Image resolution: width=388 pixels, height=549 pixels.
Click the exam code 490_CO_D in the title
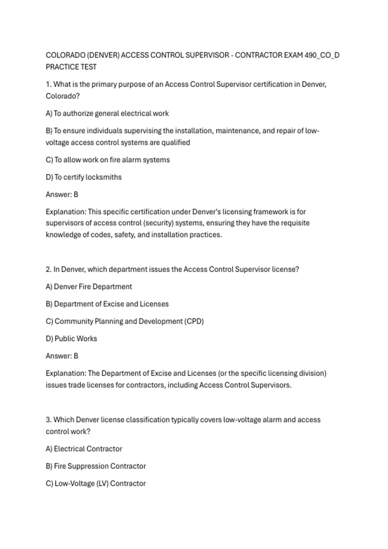[322, 55]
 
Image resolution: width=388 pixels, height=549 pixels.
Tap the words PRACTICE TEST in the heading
[71, 67]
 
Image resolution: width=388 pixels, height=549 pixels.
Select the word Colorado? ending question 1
[62, 96]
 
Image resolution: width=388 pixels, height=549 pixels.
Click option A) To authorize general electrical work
[107, 113]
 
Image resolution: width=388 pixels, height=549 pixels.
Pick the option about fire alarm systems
[108, 160]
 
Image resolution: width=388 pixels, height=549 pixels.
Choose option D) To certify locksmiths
[84, 177]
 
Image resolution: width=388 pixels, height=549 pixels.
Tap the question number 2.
[48, 269]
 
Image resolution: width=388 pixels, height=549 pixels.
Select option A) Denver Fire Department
[89, 286]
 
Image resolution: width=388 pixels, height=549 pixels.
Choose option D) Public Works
[71, 338]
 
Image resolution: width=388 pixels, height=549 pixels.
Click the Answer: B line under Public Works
[62, 356]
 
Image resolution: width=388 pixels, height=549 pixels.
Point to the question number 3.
[48, 420]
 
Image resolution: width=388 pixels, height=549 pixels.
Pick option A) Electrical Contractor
[84, 449]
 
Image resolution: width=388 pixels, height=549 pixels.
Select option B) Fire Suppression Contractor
[96, 466]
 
